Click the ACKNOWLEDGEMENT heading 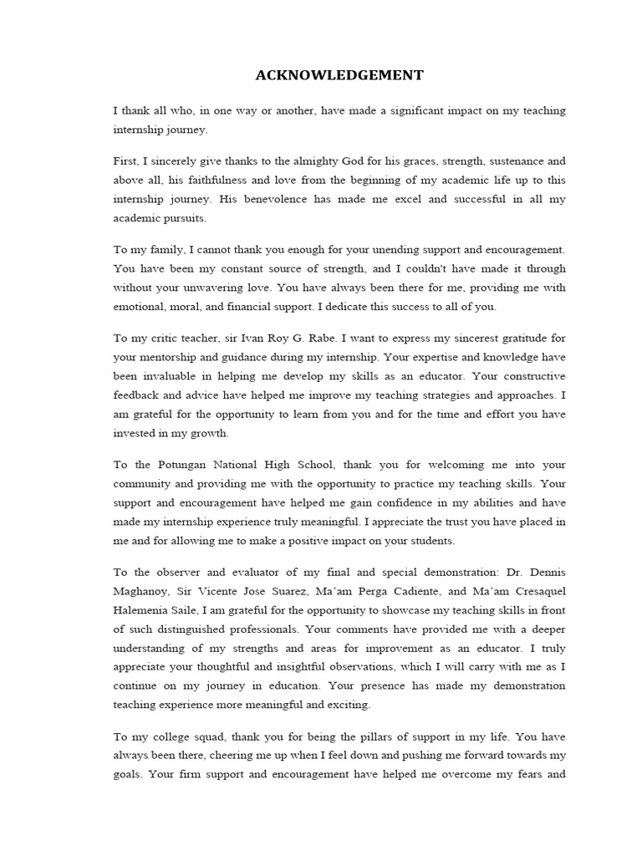(x=339, y=76)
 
